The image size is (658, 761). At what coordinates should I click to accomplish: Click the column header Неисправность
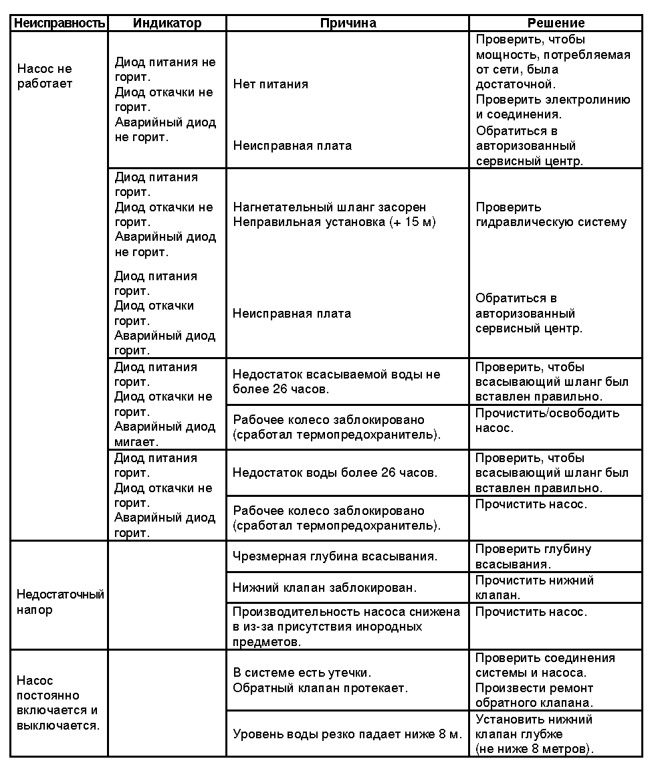pos(60,23)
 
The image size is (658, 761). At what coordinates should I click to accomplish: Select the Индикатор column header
pos(167,23)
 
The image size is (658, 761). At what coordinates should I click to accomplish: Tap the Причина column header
pos(348,23)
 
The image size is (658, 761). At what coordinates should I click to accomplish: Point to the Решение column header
pos(556,23)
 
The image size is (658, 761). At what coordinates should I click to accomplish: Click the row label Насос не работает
pos(44,76)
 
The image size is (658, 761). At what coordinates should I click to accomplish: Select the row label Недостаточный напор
pos(60,602)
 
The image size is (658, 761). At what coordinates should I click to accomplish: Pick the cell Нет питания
pos(271,84)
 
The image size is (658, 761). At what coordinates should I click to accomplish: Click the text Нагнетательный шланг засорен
pos(330,207)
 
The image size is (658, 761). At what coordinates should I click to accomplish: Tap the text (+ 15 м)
pos(412,222)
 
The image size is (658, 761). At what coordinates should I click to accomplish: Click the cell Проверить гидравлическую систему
pos(551,215)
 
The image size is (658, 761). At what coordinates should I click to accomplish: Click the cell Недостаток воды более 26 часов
pos(335,473)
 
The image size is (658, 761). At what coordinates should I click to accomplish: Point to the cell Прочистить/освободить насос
pos(547,420)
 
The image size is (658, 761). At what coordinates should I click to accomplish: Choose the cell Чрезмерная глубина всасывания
pos(335,556)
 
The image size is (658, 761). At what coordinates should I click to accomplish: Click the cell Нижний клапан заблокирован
pos(324,588)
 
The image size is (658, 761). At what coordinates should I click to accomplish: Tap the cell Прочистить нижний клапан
pos(534,588)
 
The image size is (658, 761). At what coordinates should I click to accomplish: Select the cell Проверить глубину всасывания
pos(533,556)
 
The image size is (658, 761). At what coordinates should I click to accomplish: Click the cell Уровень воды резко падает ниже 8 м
pos(347,734)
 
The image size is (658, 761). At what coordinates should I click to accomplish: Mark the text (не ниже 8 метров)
pos(534,749)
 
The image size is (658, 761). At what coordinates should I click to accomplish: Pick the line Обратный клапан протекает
pos(320,687)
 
